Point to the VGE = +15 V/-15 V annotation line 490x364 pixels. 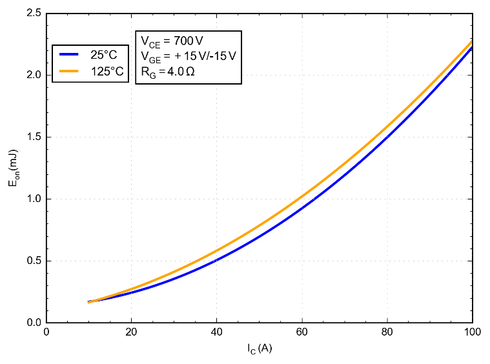pyautogui.click(x=188, y=57)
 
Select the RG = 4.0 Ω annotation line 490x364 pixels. pyautogui.click(x=168, y=72)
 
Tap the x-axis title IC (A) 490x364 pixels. pyautogui.click(x=259, y=349)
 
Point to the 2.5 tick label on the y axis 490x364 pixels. pyautogui.click(x=34, y=14)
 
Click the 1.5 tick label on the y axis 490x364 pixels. pyautogui.click(x=34, y=137)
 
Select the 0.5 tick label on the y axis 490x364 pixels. pyautogui.click(x=34, y=261)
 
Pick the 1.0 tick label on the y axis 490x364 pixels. pyautogui.click(x=34, y=199)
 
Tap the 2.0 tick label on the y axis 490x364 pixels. pyautogui.click(x=34, y=76)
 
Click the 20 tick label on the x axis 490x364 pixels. pyautogui.click(x=132, y=332)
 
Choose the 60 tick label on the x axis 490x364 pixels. pyautogui.click(x=302, y=332)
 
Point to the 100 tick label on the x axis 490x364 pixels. pyautogui.click(x=473, y=332)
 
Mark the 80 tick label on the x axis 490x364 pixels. pyautogui.click(x=387, y=332)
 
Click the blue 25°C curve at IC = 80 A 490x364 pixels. pyautogui.click(x=387, y=136)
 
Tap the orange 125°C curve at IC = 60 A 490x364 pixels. pyautogui.click(x=302, y=196)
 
